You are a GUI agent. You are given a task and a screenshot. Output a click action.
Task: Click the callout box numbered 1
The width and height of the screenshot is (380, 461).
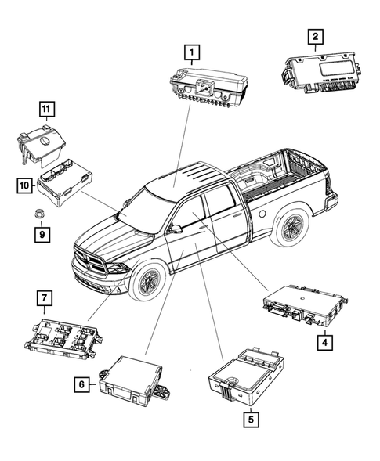[x=190, y=52]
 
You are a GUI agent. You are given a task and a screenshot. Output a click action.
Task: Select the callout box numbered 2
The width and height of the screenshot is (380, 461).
[x=314, y=36]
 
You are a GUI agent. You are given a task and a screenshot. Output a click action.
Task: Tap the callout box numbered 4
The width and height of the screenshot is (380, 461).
[x=323, y=340]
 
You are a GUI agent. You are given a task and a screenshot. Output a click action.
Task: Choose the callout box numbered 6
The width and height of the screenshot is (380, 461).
[x=81, y=384]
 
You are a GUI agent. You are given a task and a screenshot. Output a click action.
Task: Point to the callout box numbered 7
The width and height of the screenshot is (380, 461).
[x=45, y=298]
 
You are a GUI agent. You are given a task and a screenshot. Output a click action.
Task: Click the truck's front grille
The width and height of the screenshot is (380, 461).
[x=91, y=259]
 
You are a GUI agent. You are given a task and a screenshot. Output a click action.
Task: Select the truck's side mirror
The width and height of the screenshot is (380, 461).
[x=176, y=229]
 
